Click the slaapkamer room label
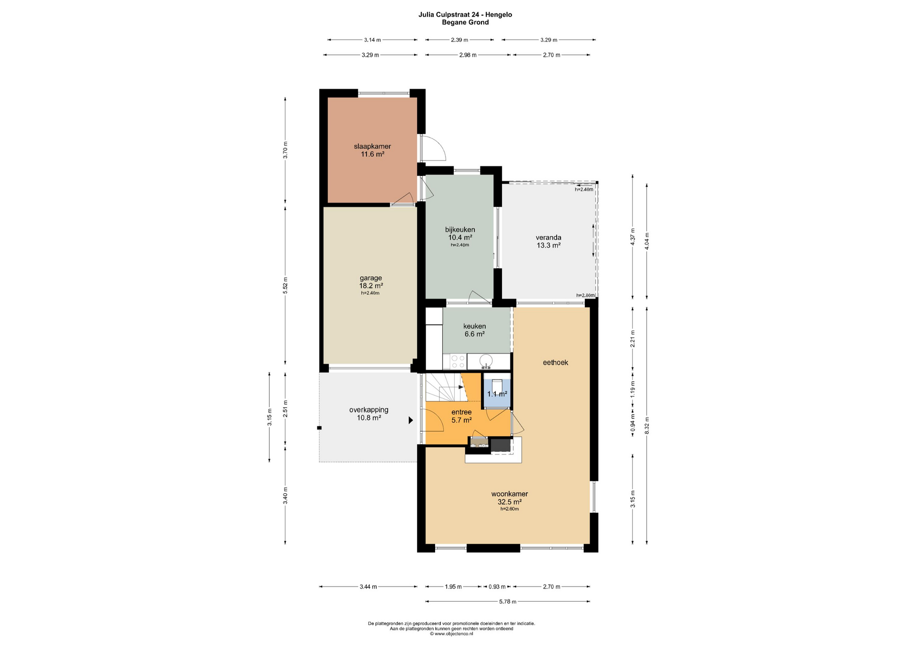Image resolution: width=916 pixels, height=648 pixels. point(372,146)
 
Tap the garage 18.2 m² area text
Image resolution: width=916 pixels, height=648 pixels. point(371,286)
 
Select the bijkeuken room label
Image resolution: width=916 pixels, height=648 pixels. point(460,230)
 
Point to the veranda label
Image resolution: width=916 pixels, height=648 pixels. point(548,237)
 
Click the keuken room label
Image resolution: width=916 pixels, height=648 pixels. point(474,326)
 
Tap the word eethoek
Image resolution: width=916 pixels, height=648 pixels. point(555,363)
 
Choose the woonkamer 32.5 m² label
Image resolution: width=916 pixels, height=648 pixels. point(510,498)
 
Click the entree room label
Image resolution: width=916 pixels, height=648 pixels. point(461,412)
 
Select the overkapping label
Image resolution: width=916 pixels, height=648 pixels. point(369,410)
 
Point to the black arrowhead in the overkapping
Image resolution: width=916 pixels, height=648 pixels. point(410,420)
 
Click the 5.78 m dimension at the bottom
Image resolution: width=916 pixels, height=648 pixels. point(508,602)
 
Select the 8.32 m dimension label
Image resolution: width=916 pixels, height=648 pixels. point(647,425)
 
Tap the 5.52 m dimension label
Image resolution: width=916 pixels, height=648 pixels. point(285,285)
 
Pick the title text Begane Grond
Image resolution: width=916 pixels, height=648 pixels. point(465,22)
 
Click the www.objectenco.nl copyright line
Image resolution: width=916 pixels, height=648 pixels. point(451,634)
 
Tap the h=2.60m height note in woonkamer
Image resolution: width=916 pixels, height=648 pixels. point(510,509)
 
